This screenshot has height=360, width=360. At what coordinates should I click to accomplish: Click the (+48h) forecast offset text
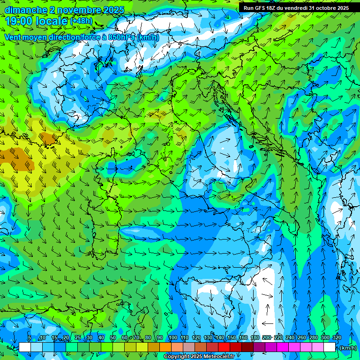[81, 21]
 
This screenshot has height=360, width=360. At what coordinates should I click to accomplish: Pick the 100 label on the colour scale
[173, 338]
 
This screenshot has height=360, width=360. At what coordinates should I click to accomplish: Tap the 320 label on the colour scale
[337, 338]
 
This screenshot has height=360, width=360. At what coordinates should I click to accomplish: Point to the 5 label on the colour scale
[30, 338]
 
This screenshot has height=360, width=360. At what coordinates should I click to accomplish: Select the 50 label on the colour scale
[113, 338]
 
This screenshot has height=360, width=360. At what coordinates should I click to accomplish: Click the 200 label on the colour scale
[266, 338]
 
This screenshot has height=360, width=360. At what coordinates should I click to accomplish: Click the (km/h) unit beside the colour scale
[348, 348]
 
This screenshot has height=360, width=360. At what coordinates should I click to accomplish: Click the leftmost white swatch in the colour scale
[25, 347]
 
